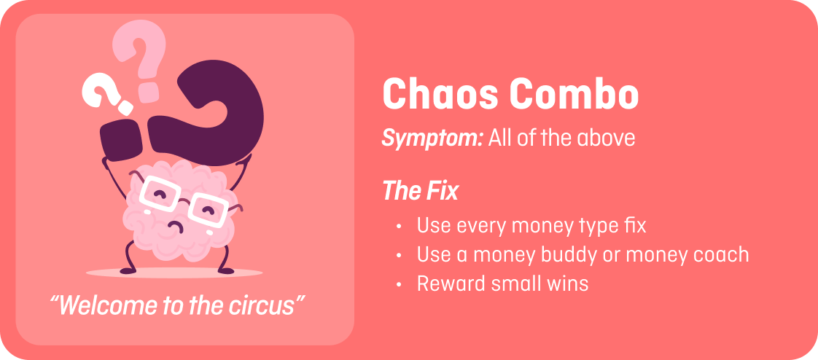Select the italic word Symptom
[x=432, y=138]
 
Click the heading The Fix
[x=420, y=192]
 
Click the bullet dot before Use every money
[x=399, y=227]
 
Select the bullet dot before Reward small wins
[x=399, y=284]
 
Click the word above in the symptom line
[x=606, y=138]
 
